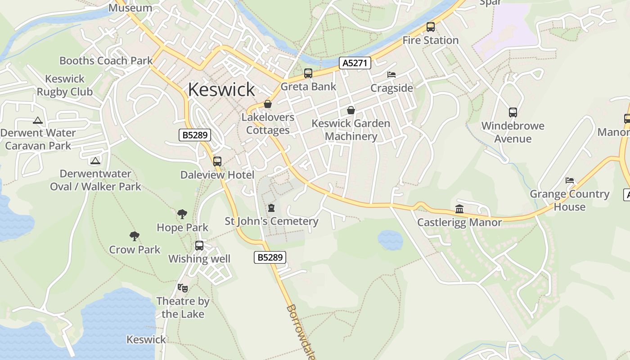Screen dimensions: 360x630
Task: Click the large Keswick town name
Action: [x=221, y=90]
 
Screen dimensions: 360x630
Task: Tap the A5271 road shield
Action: [x=355, y=63]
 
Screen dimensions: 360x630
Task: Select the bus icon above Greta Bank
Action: [x=308, y=73]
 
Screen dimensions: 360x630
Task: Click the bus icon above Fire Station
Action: [x=431, y=27]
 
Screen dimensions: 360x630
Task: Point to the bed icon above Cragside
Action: [x=391, y=75]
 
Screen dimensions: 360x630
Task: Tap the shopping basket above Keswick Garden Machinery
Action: [x=351, y=110]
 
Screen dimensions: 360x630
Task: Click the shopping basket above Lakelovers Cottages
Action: [x=268, y=104]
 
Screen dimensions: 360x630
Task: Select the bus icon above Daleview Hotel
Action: [x=217, y=161]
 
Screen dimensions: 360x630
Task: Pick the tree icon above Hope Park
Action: [x=182, y=214]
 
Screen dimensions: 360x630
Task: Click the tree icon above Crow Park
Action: [x=134, y=236]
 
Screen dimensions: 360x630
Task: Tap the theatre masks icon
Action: [x=182, y=287]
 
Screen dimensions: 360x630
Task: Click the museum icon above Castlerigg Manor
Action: [x=459, y=209]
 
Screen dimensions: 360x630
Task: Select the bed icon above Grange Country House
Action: [x=570, y=180]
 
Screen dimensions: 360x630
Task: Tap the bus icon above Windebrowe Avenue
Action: [x=513, y=112]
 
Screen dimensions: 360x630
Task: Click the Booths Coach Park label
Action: [x=106, y=61]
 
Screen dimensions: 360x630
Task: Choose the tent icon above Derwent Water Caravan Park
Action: [x=37, y=120]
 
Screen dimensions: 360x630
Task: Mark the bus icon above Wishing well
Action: [x=199, y=246]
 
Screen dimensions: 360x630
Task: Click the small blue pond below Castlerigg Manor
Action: [x=390, y=239]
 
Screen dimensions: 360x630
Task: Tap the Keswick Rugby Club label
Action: [x=65, y=85]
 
